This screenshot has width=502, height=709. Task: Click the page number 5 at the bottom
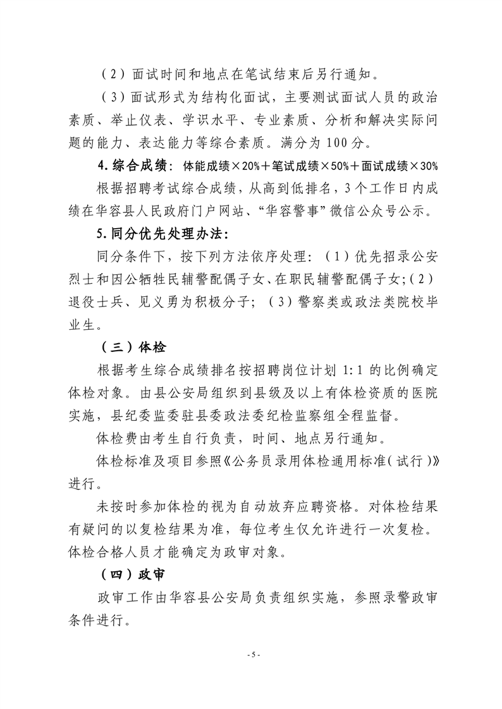251,654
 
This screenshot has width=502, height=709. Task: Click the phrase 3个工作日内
364,189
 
